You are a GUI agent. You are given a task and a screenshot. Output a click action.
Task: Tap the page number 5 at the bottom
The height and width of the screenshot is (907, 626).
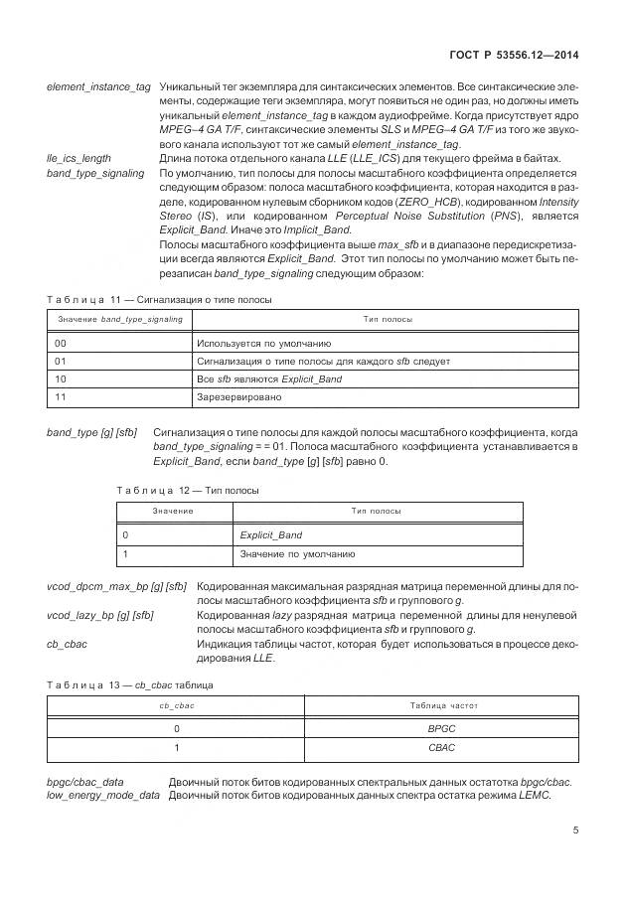click(576, 831)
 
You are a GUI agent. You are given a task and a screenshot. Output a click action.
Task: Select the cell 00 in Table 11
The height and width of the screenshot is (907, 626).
click(61, 343)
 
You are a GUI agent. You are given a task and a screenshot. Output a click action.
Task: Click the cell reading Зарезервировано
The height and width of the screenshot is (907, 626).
click(239, 396)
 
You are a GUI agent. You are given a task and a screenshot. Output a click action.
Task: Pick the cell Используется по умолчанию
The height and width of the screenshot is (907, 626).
click(257, 343)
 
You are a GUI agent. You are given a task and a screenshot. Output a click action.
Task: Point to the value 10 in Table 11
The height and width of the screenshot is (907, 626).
click(61, 378)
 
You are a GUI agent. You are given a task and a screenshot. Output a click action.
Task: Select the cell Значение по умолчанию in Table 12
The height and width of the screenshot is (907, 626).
click(297, 553)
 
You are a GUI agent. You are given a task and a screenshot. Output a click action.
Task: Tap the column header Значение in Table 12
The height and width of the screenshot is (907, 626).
click(173, 511)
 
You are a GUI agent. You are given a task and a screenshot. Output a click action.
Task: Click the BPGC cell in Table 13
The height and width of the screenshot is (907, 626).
click(439, 728)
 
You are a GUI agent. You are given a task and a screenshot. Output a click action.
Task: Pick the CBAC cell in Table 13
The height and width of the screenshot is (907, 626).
click(439, 746)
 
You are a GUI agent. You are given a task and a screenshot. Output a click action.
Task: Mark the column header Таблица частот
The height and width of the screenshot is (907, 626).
click(443, 705)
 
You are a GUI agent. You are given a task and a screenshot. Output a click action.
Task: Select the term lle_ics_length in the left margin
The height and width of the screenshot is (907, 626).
click(78, 159)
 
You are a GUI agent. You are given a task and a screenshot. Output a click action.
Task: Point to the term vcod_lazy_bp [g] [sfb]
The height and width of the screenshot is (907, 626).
click(100, 616)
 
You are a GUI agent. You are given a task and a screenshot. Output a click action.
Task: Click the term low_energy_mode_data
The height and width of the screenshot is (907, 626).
click(103, 796)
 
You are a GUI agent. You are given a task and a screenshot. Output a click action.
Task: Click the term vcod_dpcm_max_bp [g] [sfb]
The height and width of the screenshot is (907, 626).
click(116, 587)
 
